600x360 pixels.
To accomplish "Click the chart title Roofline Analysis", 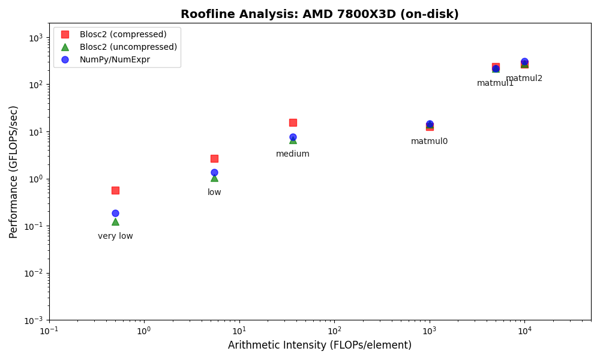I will tap(319, 14).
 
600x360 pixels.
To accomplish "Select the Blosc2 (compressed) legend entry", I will tap(123, 34).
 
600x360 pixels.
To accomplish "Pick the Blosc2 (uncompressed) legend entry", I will tap(128, 47).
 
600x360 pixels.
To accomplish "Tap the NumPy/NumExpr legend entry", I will tap(115, 59).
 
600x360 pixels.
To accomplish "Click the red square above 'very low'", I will tap(115, 190).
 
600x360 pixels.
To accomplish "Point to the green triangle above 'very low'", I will tap(115, 221).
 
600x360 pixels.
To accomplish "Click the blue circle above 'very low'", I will tap(115, 213).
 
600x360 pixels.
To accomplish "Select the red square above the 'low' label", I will tap(214, 158).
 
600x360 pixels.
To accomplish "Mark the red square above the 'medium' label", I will tap(293, 122).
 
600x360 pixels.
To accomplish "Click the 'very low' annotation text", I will tap(115, 236).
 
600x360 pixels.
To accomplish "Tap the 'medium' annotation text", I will tap(293, 154).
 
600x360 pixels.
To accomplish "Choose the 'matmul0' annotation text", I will tap(429, 142).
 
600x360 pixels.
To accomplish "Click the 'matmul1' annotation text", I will tap(495, 83).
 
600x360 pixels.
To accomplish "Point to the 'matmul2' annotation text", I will tap(524, 79).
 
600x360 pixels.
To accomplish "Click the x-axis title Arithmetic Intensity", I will tap(319, 346).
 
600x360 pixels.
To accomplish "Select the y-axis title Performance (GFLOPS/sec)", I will tap(14, 172).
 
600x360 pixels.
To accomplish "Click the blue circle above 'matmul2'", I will tap(524, 62).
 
